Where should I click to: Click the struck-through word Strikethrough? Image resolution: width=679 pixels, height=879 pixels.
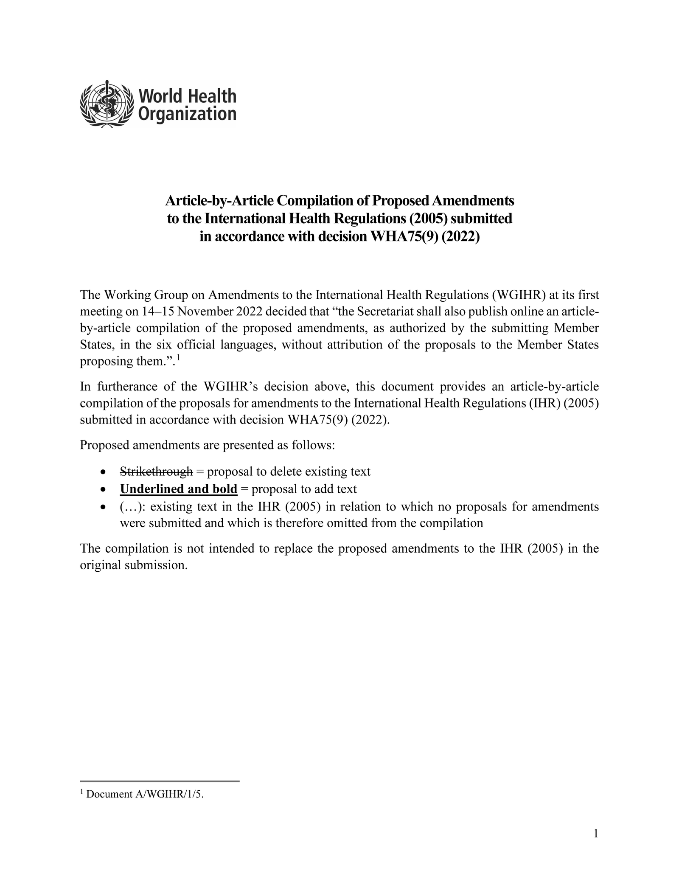click(x=156, y=472)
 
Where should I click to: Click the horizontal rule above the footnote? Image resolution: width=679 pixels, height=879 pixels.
click(x=160, y=781)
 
